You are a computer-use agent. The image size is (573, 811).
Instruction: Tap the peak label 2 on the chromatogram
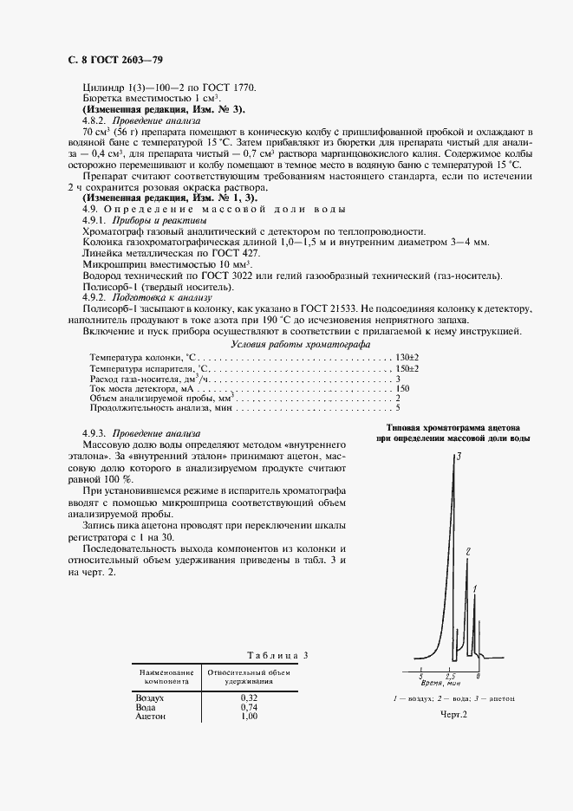[468, 551]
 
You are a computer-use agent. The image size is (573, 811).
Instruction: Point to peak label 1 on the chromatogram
[476, 588]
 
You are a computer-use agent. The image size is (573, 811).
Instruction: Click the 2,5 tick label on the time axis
[450, 674]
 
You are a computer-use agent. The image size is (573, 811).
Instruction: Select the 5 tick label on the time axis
[420, 674]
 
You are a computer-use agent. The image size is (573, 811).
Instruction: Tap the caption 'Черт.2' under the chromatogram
[453, 715]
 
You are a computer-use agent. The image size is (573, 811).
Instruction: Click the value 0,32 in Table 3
[249, 697]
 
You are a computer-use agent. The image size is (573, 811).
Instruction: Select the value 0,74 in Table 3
[249, 707]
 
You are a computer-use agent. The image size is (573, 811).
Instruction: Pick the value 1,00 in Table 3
[249, 717]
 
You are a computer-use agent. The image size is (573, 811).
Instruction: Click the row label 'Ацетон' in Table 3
[150, 717]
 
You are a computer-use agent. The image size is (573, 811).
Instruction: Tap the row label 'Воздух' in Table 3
[150, 697]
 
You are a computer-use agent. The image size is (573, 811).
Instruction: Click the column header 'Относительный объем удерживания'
[246, 677]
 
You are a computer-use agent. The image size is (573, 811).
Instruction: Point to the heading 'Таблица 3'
[277, 655]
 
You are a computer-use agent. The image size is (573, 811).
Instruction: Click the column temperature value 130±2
[407, 357]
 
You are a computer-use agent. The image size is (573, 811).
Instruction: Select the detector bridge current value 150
[402, 390]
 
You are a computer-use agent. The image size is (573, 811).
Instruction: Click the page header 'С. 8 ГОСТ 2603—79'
[109, 58]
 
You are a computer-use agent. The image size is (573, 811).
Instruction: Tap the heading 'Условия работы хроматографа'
[307, 344]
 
